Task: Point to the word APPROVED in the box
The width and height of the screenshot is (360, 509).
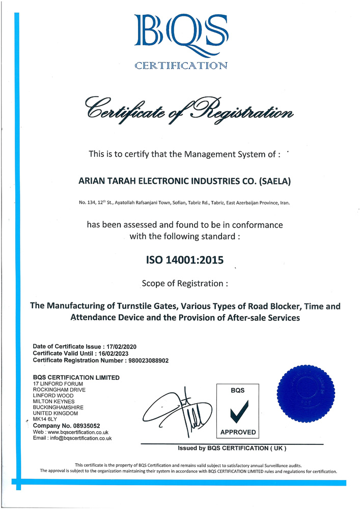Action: point(238,432)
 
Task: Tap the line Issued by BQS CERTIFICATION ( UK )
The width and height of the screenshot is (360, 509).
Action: point(232,448)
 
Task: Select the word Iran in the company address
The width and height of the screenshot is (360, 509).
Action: point(283,203)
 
